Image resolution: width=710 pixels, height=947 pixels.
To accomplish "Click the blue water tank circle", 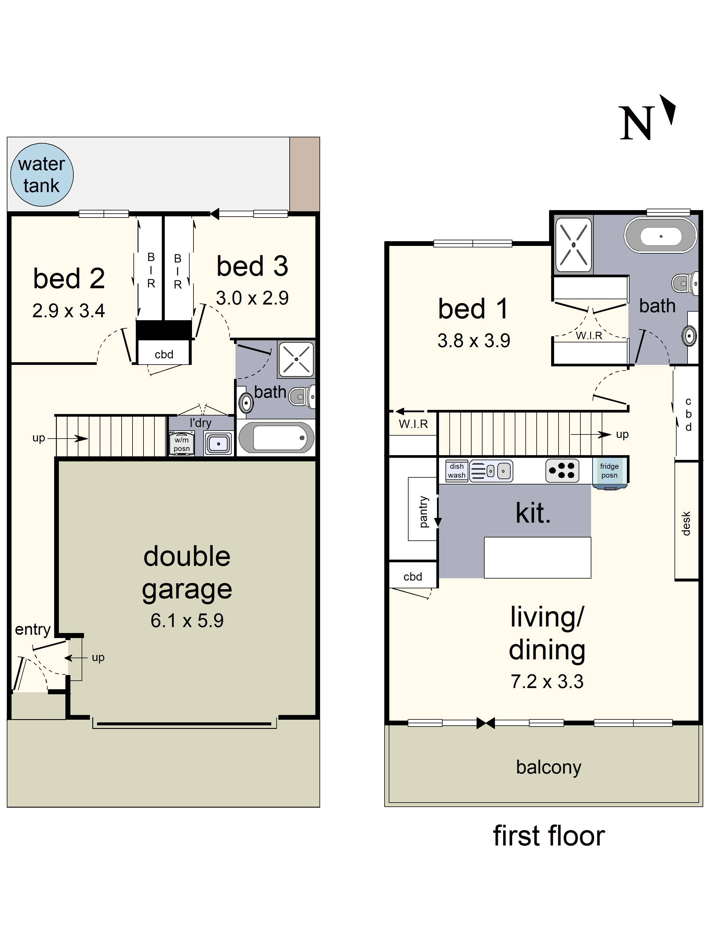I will coord(41,175).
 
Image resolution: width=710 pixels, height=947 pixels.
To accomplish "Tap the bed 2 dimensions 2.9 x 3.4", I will coord(68,311).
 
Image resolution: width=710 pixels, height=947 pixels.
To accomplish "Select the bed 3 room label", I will coord(252,266).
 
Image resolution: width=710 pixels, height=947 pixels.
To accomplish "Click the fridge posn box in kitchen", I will coord(609,471).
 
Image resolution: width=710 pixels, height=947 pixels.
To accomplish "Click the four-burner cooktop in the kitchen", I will coord(562,471).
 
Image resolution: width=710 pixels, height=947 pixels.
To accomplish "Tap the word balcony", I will coord(548,767).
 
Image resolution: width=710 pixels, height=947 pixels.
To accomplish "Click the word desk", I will coord(686,523).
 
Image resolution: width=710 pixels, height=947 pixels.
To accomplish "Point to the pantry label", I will coord(423,512).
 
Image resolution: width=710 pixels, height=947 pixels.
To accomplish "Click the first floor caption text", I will coord(549,836).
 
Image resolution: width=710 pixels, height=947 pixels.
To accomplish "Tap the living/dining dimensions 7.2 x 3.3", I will coord(547,682).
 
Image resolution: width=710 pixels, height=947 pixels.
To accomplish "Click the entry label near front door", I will coord(33,629).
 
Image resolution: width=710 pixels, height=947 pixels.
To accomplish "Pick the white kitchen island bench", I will coord(537,558).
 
